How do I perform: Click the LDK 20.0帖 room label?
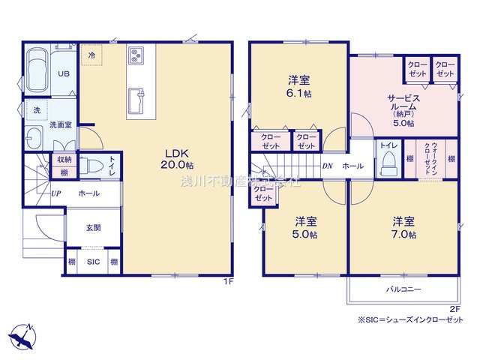tap(179, 158)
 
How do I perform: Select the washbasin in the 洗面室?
tap(33, 139)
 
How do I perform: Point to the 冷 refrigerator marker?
tap(91, 55)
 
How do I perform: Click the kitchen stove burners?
tap(138, 55)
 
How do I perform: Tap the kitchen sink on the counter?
tap(137, 99)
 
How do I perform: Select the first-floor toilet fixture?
tap(91, 166)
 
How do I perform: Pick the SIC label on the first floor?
tap(92, 262)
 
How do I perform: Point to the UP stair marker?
tap(56, 193)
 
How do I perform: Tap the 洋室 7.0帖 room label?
tap(403, 227)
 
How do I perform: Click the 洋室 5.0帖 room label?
tap(305, 227)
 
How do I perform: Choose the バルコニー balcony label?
tap(403, 289)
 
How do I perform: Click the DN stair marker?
tap(327, 166)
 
